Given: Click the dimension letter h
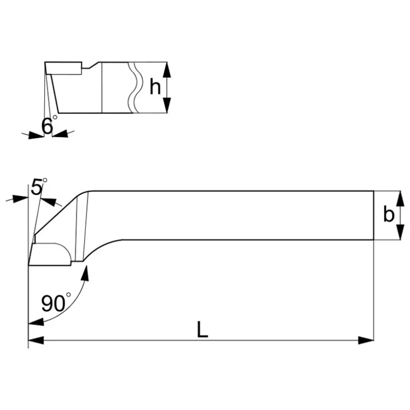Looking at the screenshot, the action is pyautogui.click(x=155, y=87).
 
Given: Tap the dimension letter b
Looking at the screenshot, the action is pyautogui.click(x=388, y=214).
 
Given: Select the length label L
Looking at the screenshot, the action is pyautogui.click(x=202, y=329).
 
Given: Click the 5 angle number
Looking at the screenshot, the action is pyautogui.click(x=36, y=187).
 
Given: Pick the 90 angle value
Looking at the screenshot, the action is pyautogui.click(x=53, y=303).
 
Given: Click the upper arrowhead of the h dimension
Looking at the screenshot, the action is pyautogui.click(x=167, y=70).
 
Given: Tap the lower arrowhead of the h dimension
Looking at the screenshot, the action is pyautogui.click(x=167, y=105).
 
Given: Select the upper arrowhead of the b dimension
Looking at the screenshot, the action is pyautogui.click(x=399, y=199).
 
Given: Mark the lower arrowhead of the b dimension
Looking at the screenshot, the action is pyautogui.click(x=399, y=232).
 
